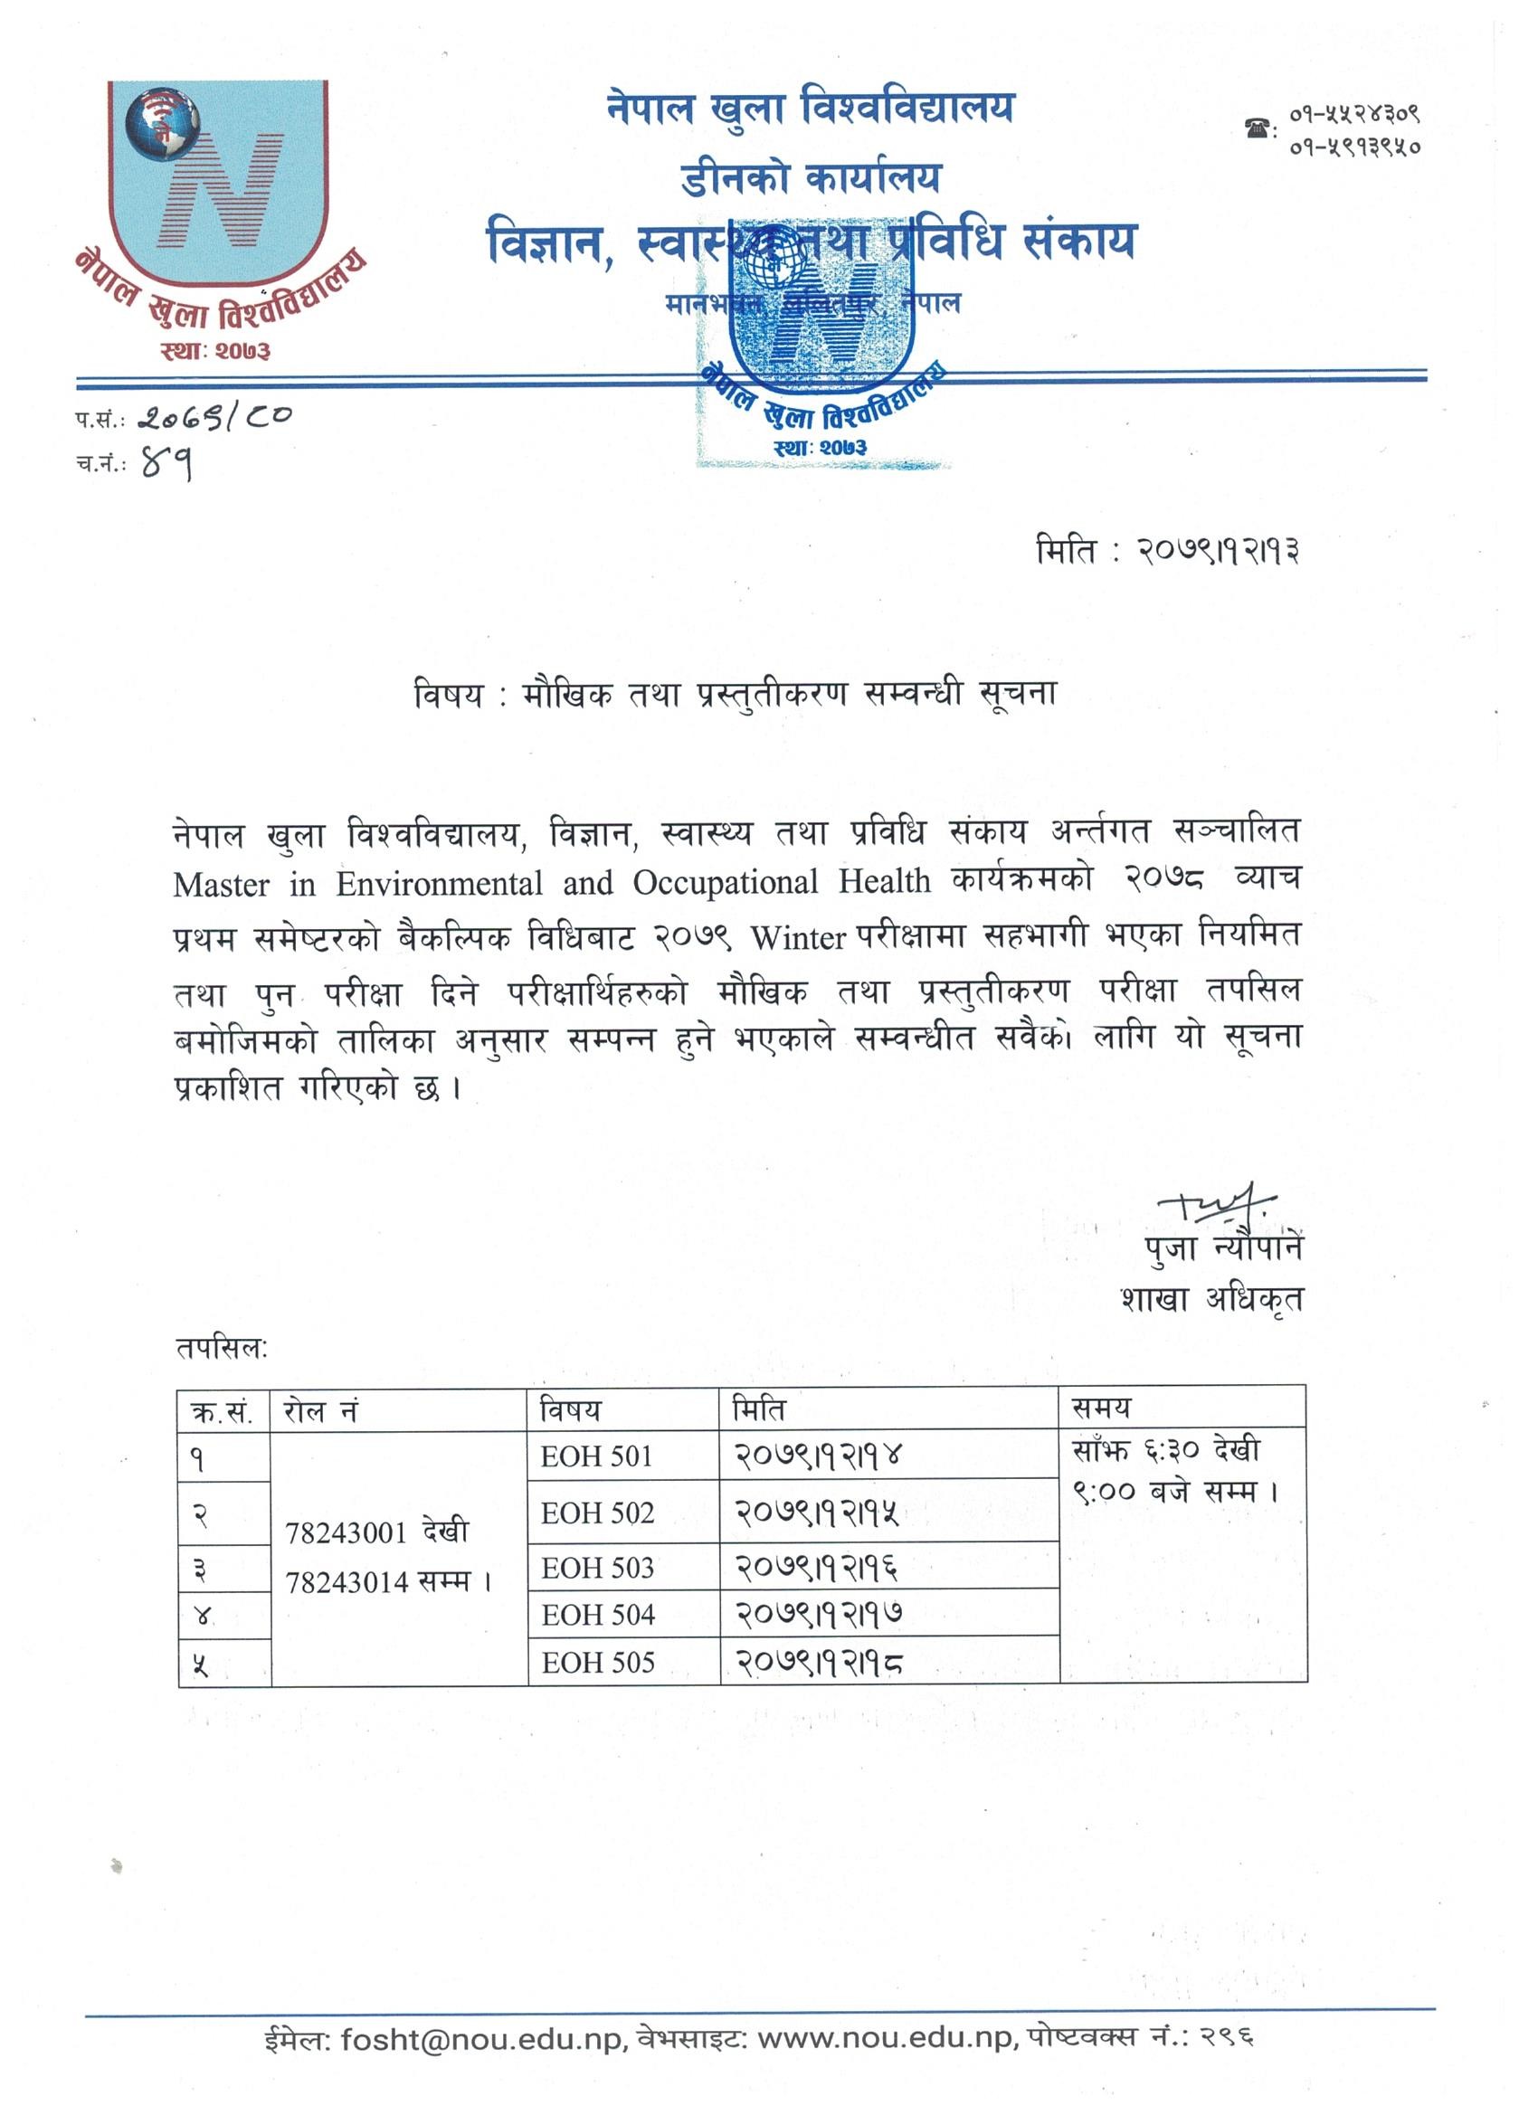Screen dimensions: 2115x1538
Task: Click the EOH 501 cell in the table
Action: [596, 1456]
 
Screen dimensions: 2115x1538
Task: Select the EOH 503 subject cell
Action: [598, 1568]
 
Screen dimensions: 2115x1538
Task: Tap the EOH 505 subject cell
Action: [598, 1662]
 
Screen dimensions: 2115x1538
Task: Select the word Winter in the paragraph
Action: [798, 937]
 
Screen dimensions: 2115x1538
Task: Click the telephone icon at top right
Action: [1259, 129]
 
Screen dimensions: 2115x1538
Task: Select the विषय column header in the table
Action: [570, 1410]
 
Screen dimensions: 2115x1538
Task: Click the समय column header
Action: [1103, 1408]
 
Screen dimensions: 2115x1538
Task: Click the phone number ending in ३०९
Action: [1355, 115]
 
